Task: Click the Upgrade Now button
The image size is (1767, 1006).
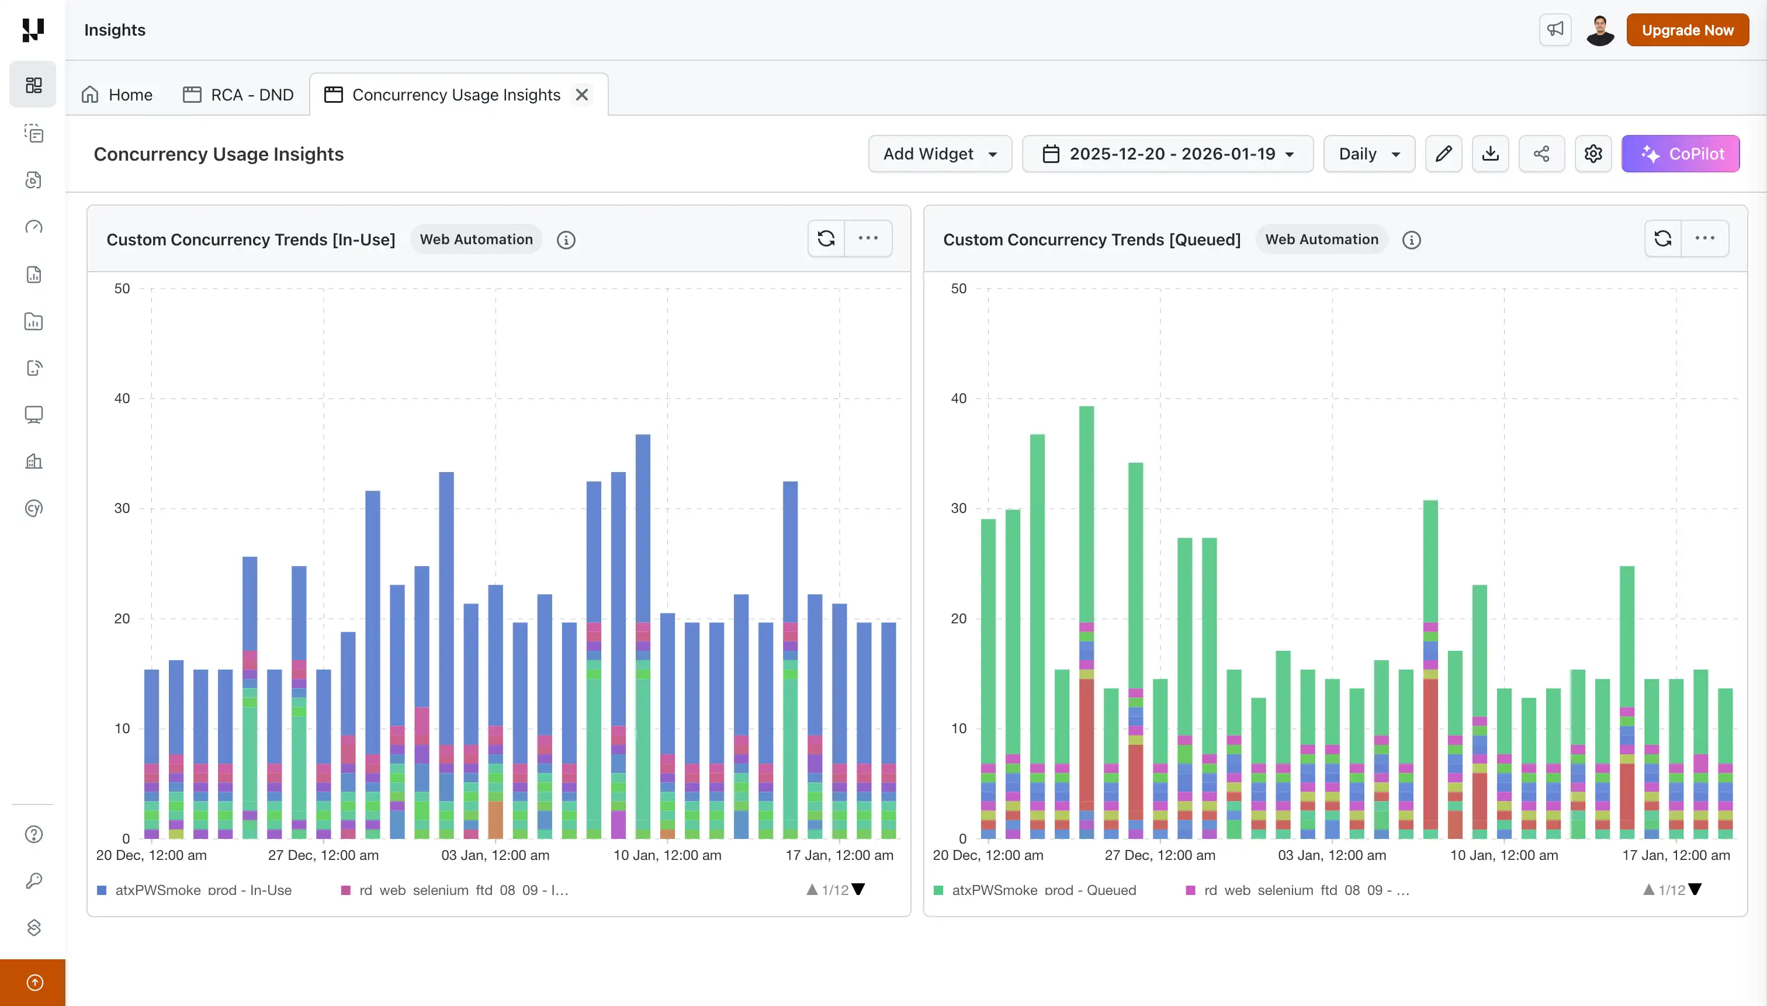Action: tap(1687, 30)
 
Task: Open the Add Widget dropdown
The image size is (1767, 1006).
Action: tap(939, 154)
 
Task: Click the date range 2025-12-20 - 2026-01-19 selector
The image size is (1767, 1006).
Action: tap(1167, 154)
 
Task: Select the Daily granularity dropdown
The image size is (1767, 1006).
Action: tap(1368, 154)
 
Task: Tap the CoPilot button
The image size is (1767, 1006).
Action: tap(1680, 154)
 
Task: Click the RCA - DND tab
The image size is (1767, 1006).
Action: tap(238, 95)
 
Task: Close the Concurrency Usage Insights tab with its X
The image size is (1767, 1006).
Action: tap(582, 95)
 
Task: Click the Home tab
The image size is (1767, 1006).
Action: tap(117, 95)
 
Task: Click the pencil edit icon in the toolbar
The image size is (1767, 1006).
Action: tap(1443, 154)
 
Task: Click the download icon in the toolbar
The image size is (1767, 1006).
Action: tap(1490, 154)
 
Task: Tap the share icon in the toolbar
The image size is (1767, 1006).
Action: tap(1541, 154)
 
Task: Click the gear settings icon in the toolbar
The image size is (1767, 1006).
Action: tap(1593, 154)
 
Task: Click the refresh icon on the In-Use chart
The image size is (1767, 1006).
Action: tap(826, 238)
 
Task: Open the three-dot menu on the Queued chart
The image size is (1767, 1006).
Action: tap(1704, 238)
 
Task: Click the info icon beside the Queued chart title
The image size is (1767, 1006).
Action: tap(1411, 240)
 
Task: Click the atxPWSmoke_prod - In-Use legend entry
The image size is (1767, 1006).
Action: tap(203, 890)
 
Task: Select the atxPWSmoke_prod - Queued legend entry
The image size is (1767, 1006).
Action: tap(1043, 890)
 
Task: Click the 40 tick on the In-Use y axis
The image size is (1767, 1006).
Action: tap(122, 398)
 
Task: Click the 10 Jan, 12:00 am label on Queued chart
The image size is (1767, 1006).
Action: tap(1503, 855)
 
